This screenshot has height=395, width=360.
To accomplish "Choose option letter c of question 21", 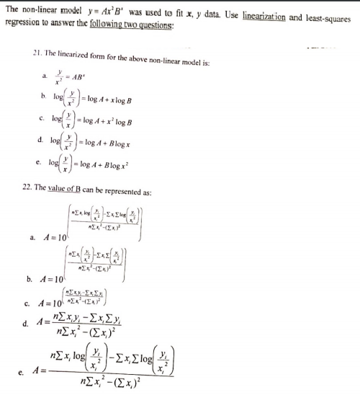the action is (x=44, y=119).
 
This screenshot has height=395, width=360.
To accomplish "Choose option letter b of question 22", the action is (x=30, y=278).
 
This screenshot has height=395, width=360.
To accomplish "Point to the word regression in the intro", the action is (x=22, y=22).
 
